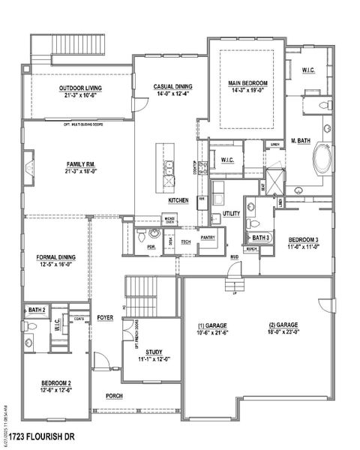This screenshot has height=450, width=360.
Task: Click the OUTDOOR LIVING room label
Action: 82,88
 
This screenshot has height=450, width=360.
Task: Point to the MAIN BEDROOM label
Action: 248,83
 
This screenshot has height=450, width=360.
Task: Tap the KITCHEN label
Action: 178,202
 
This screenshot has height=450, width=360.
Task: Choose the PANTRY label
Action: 208,238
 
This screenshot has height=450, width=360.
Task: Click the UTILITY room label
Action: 232,214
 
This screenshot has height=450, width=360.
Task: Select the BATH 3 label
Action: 260,238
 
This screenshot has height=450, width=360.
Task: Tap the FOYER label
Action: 105,318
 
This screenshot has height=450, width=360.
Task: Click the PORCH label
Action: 115,396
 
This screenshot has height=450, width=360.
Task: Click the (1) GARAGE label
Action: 211,325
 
